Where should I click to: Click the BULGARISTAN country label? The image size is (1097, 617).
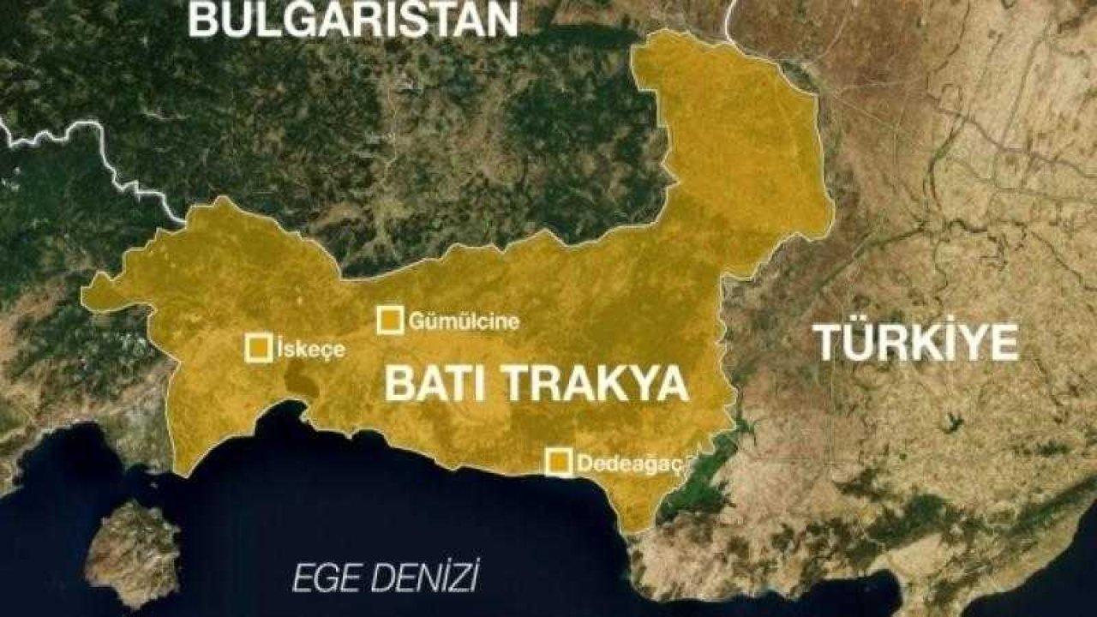click(352, 19)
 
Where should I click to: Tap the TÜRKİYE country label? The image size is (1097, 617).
click(916, 343)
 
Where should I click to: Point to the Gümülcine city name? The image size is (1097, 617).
click(464, 322)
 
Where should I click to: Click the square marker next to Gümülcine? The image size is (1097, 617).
click(390, 320)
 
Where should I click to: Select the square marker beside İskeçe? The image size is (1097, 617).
click(259, 348)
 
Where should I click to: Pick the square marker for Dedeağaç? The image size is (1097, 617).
click(559, 462)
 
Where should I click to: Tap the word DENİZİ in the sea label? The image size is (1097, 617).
click(418, 578)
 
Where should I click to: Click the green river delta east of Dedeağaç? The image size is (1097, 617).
click(703, 480)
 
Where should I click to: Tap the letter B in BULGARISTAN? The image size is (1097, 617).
click(202, 19)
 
